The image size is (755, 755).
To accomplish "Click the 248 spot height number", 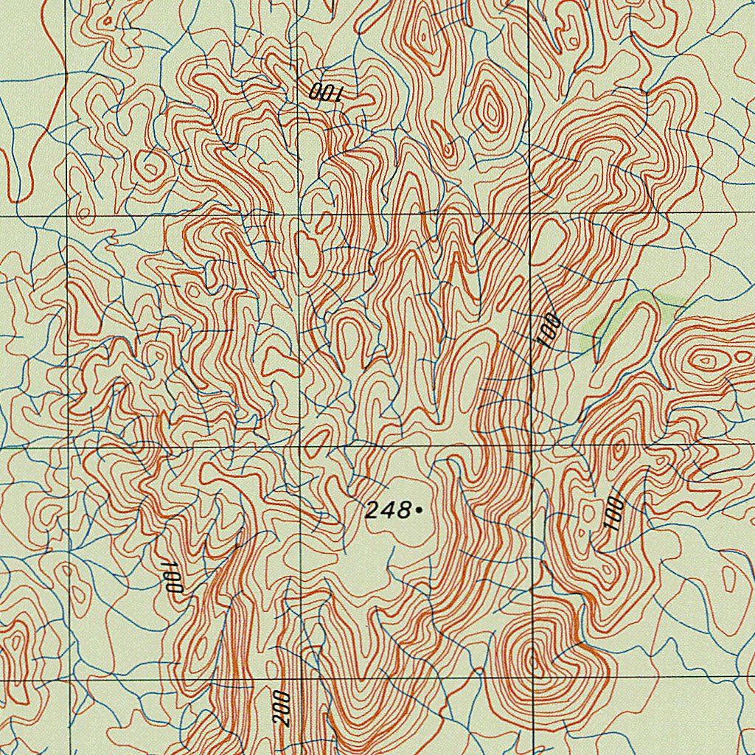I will click(x=388, y=509).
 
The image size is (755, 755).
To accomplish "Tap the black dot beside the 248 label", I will click(x=418, y=509).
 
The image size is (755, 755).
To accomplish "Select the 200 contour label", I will click(x=282, y=709).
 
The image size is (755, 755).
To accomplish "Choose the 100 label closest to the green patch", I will click(x=549, y=330).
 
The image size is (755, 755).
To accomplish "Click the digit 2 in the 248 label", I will click(x=372, y=509).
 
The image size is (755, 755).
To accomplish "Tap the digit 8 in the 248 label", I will click(x=403, y=509).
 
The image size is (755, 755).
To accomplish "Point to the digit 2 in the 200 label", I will click(x=283, y=721).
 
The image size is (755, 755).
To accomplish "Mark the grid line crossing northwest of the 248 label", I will click(x=300, y=446).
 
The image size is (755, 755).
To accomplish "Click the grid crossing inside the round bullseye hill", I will click(x=532, y=677).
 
